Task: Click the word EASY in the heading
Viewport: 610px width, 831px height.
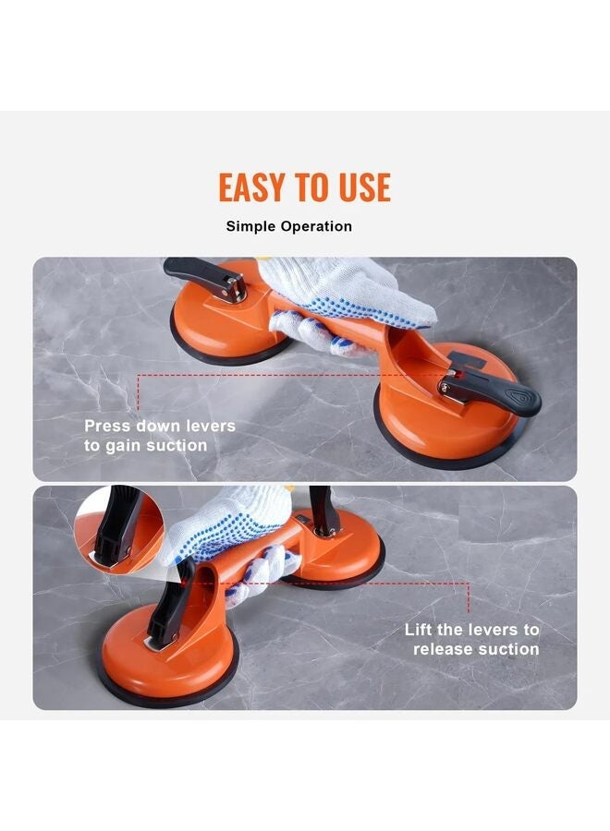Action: point(250,187)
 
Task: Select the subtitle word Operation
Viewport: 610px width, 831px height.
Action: point(315,226)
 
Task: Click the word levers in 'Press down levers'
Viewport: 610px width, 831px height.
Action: point(209,427)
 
